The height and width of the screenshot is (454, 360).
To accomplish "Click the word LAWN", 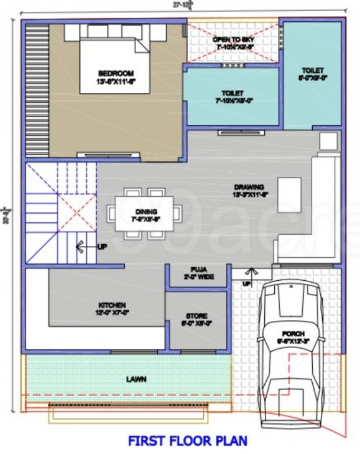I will click(x=136, y=379).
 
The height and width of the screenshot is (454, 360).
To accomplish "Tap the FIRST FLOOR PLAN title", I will click(x=187, y=441).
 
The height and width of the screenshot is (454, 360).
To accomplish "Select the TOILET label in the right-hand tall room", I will click(x=313, y=73).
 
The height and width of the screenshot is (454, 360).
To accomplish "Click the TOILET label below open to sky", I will click(x=232, y=96).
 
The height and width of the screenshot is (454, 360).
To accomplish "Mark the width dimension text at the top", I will click(x=180, y=5).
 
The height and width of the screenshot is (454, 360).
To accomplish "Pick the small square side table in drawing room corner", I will click(x=329, y=140).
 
